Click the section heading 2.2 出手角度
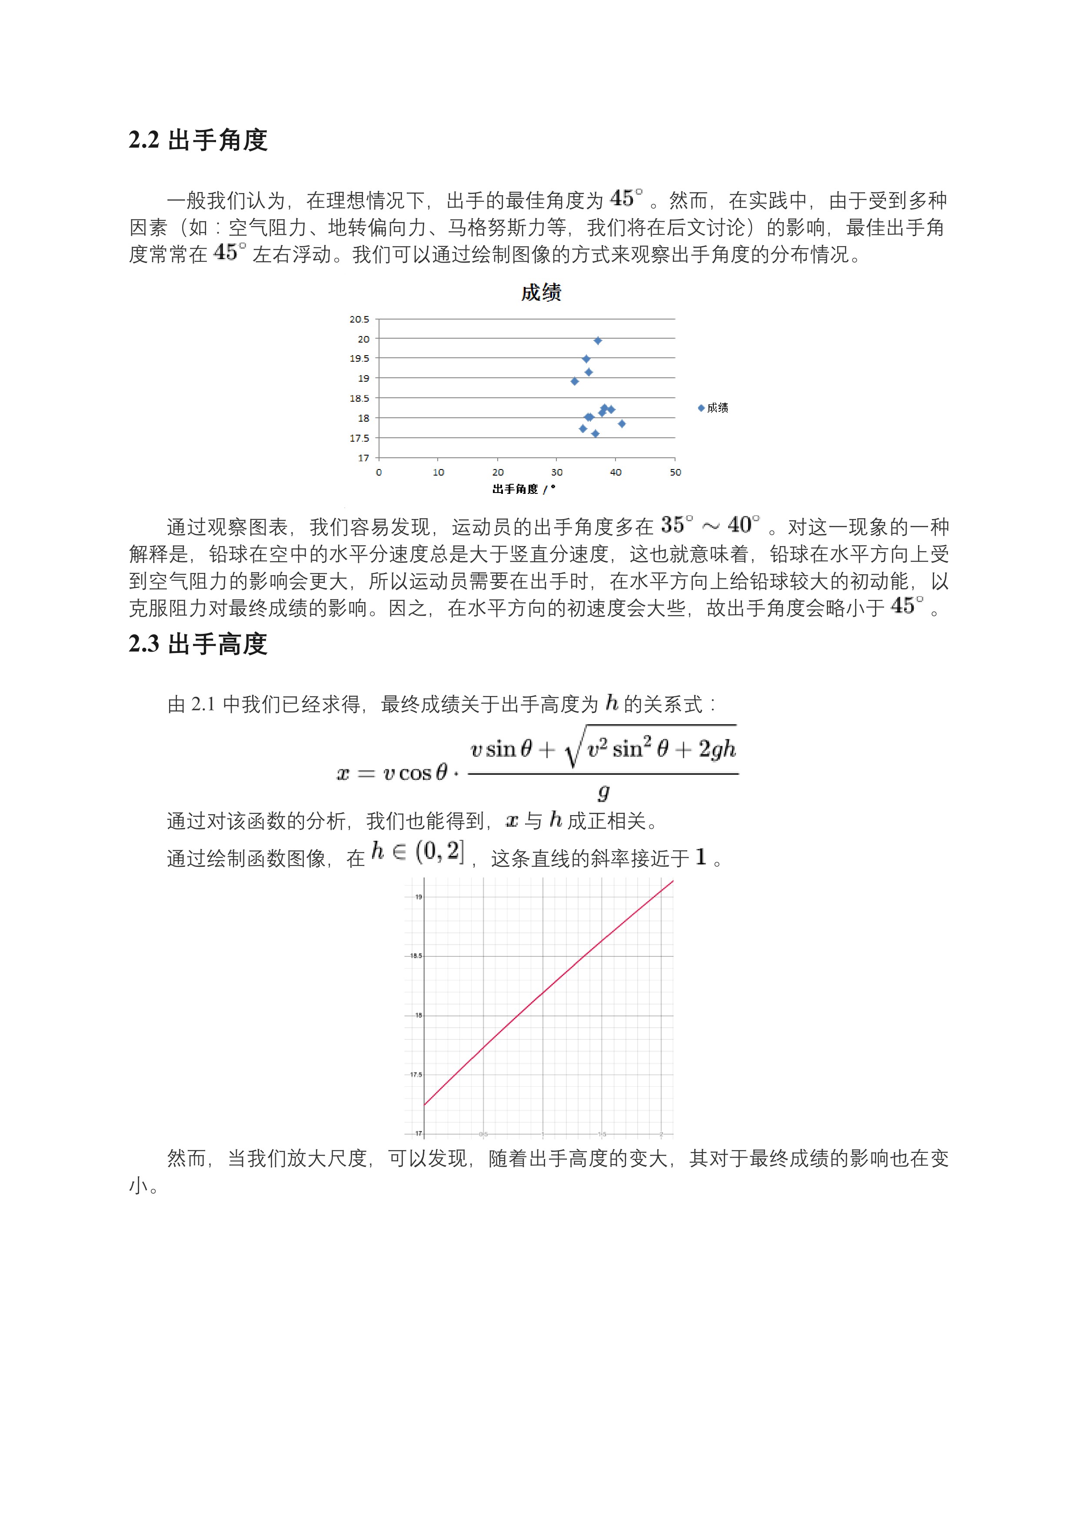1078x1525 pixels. (198, 140)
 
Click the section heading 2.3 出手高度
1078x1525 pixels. (198, 644)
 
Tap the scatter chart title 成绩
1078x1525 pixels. (541, 292)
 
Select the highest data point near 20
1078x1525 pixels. (598, 341)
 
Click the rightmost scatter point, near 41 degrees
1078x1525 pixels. (622, 424)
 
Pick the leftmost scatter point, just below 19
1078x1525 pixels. (575, 381)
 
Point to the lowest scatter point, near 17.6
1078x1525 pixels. (595, 434)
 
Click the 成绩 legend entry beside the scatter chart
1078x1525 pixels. (714, 408)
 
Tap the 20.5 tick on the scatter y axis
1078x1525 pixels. (359, 320)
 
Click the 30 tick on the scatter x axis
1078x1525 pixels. (556, 472)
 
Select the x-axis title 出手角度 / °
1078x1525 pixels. (523, 489)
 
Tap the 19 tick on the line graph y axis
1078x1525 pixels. (419, 897)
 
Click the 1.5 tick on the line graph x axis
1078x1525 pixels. (602, 1135)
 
